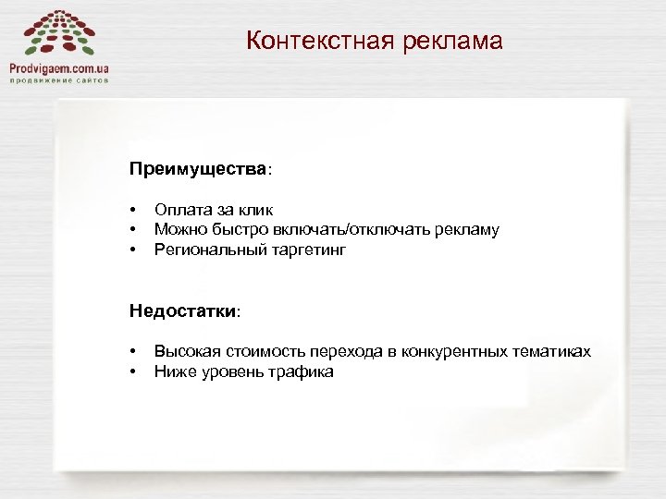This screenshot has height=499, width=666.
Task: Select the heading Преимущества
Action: coord(198,171)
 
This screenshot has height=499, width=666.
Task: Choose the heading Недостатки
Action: coord(183,311)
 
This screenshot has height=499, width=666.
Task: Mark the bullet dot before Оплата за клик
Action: coord(134,212)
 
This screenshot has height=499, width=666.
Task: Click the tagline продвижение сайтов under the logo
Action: coord(59,80)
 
